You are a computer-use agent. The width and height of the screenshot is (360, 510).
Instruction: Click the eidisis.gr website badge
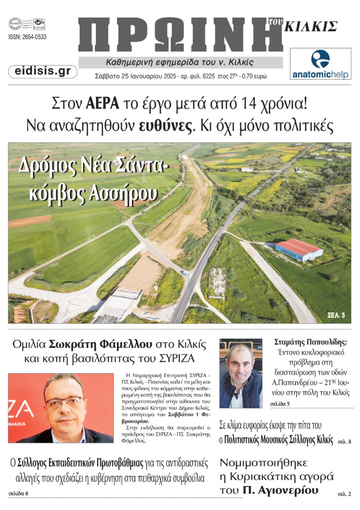43,71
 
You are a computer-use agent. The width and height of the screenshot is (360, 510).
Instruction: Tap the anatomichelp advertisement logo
321,64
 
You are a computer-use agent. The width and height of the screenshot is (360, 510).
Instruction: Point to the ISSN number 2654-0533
27,37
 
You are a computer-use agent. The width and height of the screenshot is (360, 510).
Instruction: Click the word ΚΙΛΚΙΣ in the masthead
311,26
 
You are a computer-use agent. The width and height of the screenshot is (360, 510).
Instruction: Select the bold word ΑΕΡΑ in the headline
102,103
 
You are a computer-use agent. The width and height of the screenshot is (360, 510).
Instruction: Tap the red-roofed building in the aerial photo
299,249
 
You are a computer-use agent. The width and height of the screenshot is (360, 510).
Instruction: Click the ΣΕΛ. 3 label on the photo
336,315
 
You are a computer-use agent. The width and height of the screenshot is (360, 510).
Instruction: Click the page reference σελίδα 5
280,403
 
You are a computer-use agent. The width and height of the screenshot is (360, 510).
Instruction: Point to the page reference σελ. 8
344,441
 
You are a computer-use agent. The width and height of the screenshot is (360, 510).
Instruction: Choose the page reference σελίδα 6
19,493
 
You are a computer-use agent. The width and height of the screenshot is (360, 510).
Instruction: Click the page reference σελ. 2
344,493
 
